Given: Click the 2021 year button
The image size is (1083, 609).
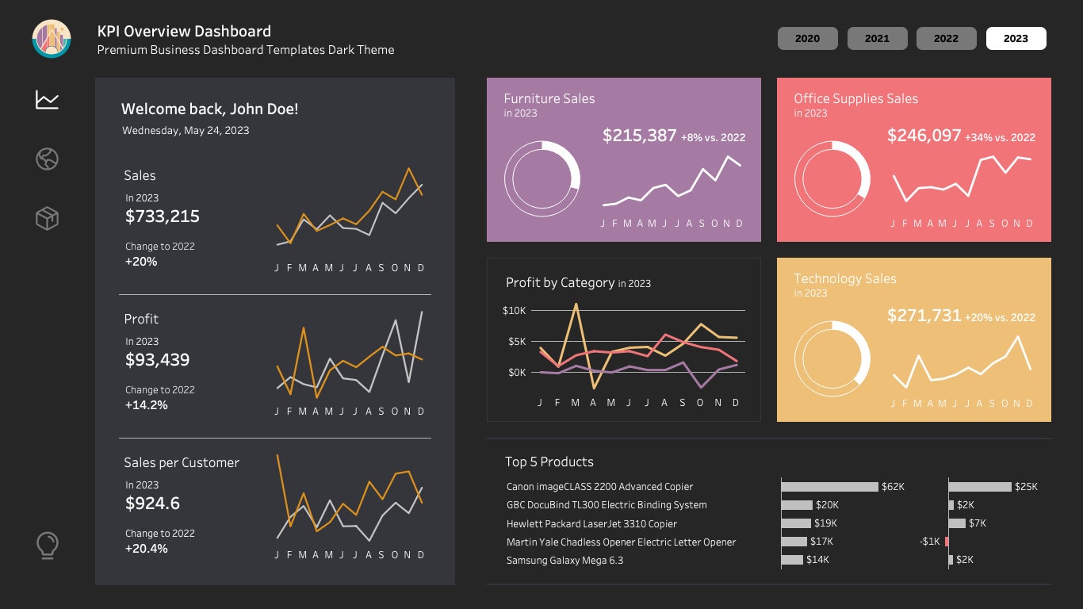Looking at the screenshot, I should (x=877, y=38).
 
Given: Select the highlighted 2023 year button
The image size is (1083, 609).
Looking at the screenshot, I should (x=1016, y=38).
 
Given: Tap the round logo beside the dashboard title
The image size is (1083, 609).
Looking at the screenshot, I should (x=52, y=39).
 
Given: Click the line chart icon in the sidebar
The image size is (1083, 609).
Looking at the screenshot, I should (x=48, y=100).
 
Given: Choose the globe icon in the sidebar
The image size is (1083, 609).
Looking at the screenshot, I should (x=48, y=159).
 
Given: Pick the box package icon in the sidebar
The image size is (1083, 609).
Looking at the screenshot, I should (x=48, y=218).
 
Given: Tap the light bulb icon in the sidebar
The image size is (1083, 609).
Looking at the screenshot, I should (x=48, y=546).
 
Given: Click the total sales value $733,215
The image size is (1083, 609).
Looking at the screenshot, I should (x=163, y=216).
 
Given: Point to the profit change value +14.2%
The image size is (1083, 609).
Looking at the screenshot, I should (x=147, y=405).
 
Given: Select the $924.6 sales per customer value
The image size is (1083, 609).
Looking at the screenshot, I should (x=152, y=504).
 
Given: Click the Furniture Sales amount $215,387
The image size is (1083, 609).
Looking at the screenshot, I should (x=639, y=136).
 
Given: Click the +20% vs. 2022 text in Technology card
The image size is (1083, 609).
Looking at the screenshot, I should (x=999, y=317).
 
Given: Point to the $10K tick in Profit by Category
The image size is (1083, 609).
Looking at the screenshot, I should (x=514, y=310).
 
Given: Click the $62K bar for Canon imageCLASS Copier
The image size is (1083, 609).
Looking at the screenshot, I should (x=829, y=486).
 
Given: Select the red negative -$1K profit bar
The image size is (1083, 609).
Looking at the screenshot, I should (x=947, y=542).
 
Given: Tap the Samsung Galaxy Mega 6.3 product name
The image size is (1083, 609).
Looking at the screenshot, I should (x=564, y=561).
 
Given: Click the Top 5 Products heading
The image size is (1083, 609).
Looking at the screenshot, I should (x=549, y=462).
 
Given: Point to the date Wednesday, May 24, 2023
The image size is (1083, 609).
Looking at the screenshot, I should (x=186, y=131).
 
